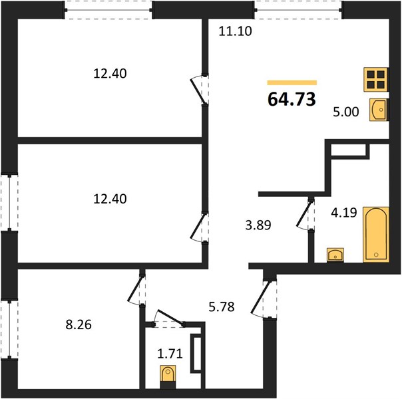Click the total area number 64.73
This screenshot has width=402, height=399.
pyautogui.click(x=292, y=99)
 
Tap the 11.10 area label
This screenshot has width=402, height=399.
pyautogui.click(x=235, y=31)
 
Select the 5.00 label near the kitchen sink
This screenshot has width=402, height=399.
pyautogui.click(x=346, y=112)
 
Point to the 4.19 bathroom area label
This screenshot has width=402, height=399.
pyautogui.click(x=344, y=213)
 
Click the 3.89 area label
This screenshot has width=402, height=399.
pyautogui.click(x=258, y=225)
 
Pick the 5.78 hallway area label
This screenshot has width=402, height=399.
pyautogui.click(x=222, y=307)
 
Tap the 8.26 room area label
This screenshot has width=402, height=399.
pyautogui.click(x=79, y=325)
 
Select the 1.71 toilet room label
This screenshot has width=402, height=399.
pyautogui.click(x=170, y=354)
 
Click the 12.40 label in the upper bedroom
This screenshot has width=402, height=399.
pyautogui.click(x=110, y=74)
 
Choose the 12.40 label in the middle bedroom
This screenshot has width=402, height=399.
pyautogui.click(x=110, y=199)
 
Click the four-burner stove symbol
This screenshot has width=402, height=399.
pyautogui.click(x=376, y=80)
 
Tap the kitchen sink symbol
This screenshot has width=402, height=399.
pyautogui.click(x=379, y=110)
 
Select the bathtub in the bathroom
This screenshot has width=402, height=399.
pyautogui.click(x=376, y=235)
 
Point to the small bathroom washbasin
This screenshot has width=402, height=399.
pyautogui.click(x=335, y=255)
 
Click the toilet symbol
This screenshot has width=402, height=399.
pyautogui.click(x=168, y=376)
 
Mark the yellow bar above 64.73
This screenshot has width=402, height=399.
pyautogui.click(x=292, y=82)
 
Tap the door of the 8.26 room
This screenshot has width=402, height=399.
pyautogui.click(x=136, y=290)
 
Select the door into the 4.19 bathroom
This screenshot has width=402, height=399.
pyautogui.click(x=305, y=215)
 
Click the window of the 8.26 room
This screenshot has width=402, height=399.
pyautogui.click(x=9, y=329)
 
